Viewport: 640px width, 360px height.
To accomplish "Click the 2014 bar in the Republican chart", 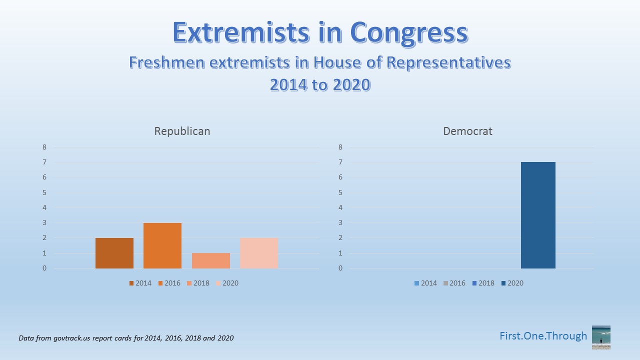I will click(114, 253).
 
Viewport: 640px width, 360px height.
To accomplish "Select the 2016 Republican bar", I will click(162, 245).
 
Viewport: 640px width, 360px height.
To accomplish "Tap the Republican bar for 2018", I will click(211, 260).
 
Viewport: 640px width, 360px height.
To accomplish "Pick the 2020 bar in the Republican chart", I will click(259, 253).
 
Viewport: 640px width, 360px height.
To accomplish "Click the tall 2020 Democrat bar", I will click(538, 215).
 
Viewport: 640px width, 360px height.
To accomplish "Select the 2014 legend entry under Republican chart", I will click(140, 283).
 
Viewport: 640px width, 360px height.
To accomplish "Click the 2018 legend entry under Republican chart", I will click(198, 283).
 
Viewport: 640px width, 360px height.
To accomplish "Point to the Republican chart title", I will click(182, 131).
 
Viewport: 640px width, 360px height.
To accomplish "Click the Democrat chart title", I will click(467, 131).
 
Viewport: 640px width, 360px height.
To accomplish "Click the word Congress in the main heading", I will click(408, 33).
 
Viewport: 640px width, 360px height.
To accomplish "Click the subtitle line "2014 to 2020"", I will click(320, 84).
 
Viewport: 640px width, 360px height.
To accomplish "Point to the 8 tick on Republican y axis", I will click(44, 147).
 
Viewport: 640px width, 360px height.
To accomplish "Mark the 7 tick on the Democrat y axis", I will click(340, 162).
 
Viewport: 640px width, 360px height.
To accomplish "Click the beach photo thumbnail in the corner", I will click(601, 337).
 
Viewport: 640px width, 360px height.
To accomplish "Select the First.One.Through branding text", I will click(543, 336).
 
